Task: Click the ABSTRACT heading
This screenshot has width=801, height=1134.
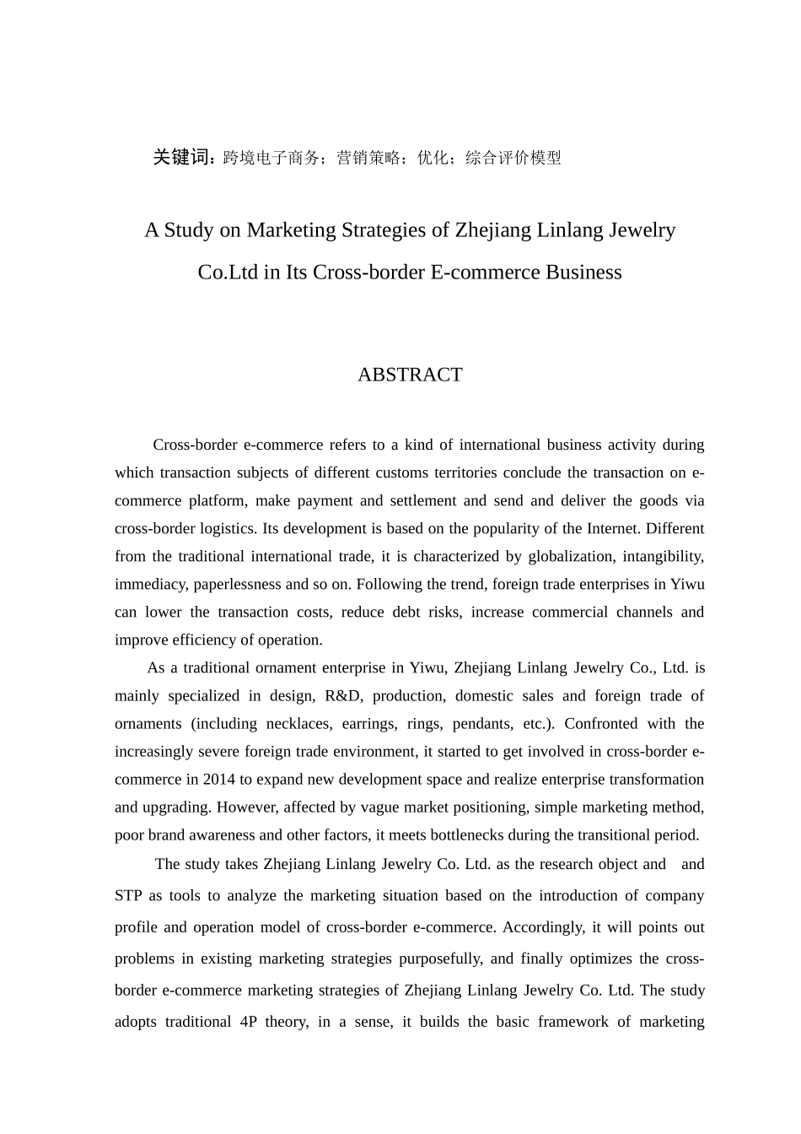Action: click(x=410, y=375)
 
